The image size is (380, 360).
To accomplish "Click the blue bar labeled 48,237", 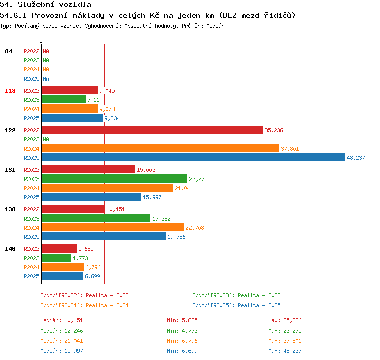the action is (193, 157).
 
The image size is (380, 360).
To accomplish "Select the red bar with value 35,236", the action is (152, 130).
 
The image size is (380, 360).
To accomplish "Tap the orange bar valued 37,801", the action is (160, 148).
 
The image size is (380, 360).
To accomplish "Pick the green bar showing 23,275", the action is (115, 178).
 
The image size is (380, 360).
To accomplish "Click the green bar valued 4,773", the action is (56, 258).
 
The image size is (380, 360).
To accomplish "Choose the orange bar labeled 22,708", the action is (112, 227).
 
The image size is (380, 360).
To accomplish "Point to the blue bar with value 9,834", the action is (72, 118).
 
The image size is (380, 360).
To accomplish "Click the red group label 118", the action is (10, 91).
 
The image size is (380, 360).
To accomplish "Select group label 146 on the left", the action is (10, 249).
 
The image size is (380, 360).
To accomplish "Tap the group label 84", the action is (8, 51).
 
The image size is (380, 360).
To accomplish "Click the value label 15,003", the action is (146, 170).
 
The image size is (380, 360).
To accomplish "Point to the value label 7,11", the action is (93, 100).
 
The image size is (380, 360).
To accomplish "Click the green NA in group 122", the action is (46, 139).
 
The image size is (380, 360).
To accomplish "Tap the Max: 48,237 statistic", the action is (285, 351).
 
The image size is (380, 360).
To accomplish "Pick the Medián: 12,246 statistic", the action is (61, 331).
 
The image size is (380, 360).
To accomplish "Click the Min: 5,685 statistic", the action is (182, 320).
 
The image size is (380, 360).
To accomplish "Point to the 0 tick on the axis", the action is (41, 41).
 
